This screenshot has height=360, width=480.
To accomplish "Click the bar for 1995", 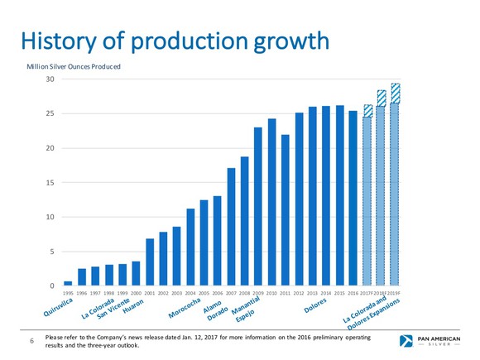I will (68, 283).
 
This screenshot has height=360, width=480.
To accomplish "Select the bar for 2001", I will (150, 262).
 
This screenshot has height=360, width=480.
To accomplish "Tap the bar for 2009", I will (258, 207).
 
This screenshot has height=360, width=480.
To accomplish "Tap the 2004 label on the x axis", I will (190, 293).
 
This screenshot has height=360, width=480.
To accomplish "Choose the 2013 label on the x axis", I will (312, 293).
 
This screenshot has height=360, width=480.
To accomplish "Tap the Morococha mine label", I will (185, 307).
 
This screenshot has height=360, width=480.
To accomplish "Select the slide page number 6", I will (31, 342).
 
